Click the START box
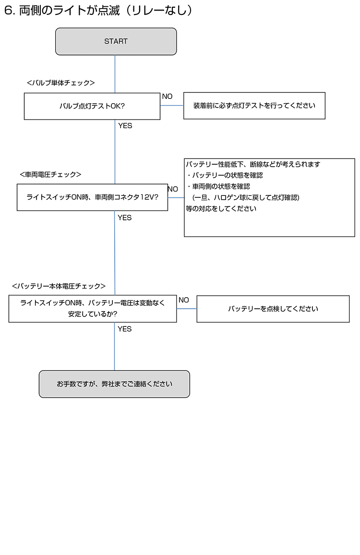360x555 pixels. pyautogui.click(x=116, y=41)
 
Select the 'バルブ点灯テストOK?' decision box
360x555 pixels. pyautogui.click(x=92, y=106)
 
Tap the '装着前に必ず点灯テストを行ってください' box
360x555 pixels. pyautogui.click(x=254, y=106)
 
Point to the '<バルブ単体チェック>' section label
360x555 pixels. pyautogui.click(x=61, y=83)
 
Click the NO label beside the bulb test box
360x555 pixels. pyautogui.click(x=167, y=97)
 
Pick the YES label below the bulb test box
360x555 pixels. pyautogui.click(x=125, y=126)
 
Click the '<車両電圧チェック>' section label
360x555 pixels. pyautogui.click(x=50, y=174)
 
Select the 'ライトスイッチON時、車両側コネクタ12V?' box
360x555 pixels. pyautogui.click(x=92, y=197)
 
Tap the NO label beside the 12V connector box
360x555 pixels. pyautogui.click(x=173, y=189)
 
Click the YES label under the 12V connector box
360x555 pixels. pyautogui.click(x=125, y=217)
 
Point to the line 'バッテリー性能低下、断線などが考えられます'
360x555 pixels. pyautogui.click(x=253, y=164)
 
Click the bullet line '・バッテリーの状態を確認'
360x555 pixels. pyautogui.click(x=225, y=175)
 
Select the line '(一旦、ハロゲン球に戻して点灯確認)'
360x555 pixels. pyautogui.click(x=246, y=197)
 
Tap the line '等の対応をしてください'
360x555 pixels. pyautogui.click(x=221, y=208)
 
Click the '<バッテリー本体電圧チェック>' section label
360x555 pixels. pyautogui.click(x=59, y=286)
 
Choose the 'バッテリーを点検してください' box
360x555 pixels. pyautogui.click(x=273, y=309)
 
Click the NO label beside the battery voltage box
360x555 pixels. pyautogui.click(x=184, y=300)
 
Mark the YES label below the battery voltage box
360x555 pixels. pyautogui.click(x=125, y=329)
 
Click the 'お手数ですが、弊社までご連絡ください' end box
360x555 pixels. pyautogui.click(x=114, y=384)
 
